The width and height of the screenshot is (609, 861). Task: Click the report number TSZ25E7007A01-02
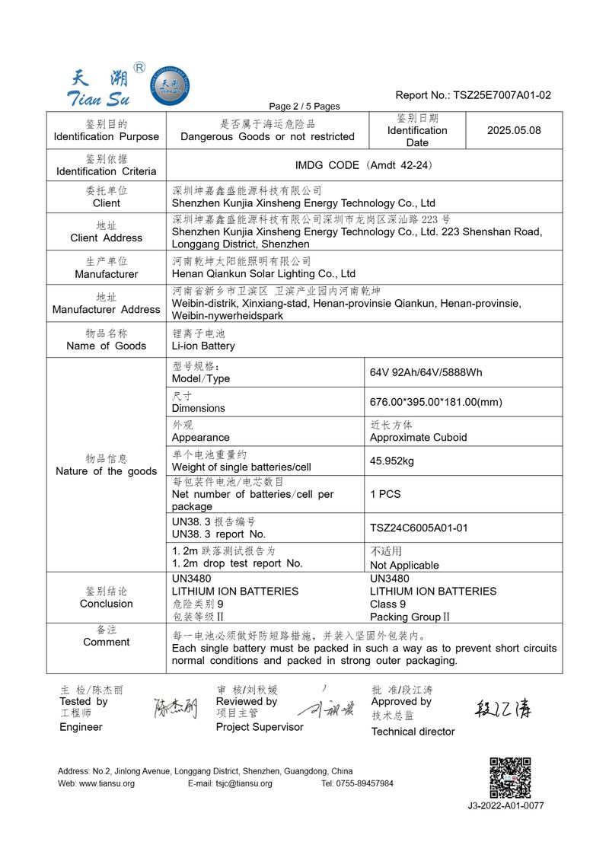502,95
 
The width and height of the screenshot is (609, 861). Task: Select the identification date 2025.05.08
514,130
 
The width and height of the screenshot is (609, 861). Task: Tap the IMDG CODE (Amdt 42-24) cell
364,165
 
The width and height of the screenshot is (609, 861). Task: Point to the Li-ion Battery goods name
203,346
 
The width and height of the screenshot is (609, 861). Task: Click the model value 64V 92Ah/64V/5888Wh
426,372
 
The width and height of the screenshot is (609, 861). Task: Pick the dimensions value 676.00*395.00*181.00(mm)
436,402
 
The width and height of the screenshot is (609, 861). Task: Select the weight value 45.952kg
392,461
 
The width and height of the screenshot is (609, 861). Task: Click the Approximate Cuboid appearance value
418,438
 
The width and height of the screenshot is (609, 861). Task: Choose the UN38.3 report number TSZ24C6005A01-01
419,528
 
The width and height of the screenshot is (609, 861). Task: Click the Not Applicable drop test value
404,565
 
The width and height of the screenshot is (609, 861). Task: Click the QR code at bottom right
509,777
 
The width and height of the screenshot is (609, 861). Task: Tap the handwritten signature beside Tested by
175,708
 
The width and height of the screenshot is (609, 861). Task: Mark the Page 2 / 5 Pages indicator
304,106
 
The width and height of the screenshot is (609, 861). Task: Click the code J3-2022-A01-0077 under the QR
505,805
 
